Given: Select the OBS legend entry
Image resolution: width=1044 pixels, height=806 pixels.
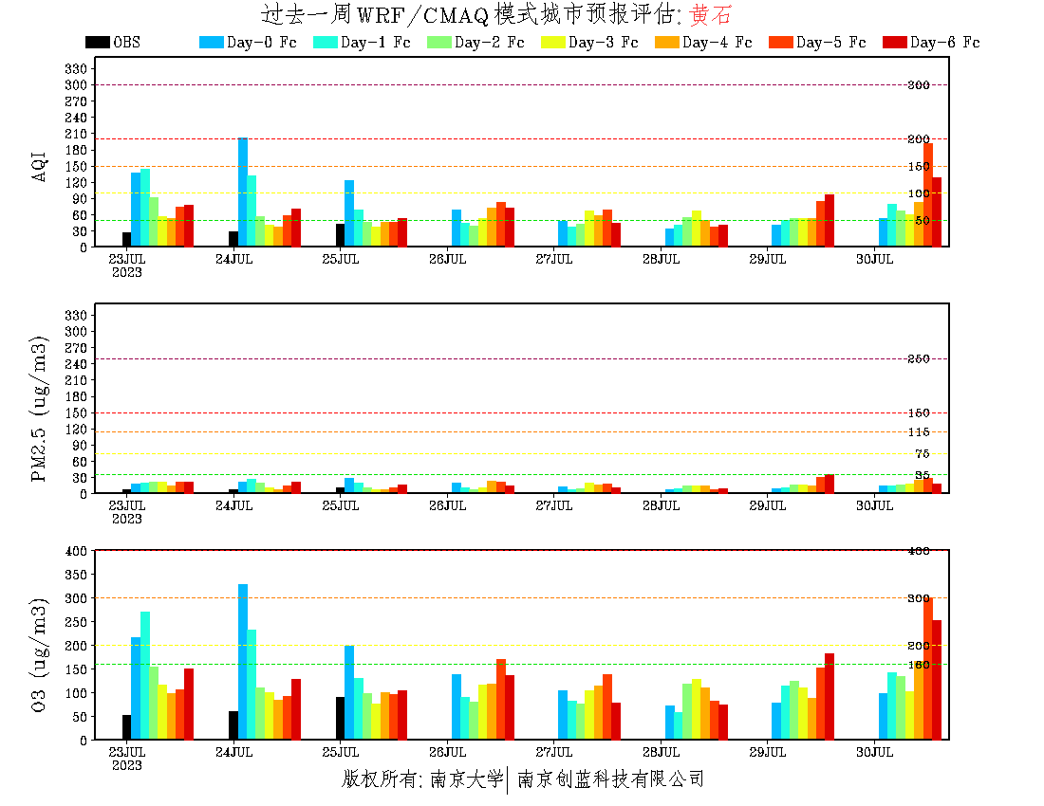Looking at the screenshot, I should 112,43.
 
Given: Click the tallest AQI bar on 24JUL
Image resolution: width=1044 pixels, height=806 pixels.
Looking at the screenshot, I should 243,192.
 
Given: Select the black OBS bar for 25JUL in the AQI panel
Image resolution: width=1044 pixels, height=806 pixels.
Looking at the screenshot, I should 340,235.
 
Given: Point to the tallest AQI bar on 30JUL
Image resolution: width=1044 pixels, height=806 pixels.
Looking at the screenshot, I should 928,194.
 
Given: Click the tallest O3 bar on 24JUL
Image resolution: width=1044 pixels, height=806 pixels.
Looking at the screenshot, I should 243,662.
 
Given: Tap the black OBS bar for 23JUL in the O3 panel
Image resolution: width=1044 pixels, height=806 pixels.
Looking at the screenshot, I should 127,727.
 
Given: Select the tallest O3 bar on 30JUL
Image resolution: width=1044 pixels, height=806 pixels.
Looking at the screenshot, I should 928,669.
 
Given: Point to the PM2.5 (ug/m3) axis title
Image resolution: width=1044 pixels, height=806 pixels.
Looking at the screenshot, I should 40,409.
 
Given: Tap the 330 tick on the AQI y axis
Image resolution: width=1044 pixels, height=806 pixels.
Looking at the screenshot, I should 76,69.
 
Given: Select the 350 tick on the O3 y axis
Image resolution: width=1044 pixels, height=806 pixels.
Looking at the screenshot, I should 76,575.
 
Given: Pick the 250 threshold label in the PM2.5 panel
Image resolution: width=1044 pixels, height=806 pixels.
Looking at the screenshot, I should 918,359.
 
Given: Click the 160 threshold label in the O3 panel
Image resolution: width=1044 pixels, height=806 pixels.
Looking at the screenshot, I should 918,665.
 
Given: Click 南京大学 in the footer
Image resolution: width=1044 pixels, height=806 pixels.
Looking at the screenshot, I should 466,779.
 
